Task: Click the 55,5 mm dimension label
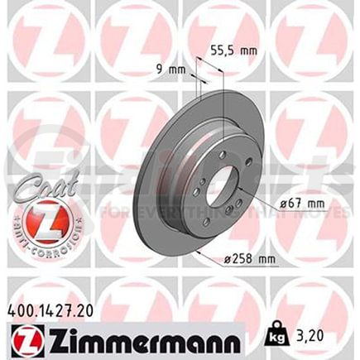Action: [x=235, y=50]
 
